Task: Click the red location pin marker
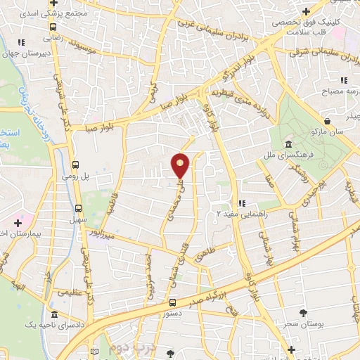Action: point(181,166)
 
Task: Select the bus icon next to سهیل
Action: point(77,208)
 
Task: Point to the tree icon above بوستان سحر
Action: point(304,313)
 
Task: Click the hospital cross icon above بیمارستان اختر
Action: point(18,222)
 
